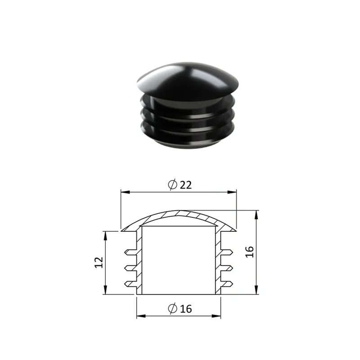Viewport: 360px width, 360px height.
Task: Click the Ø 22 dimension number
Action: [186, 185]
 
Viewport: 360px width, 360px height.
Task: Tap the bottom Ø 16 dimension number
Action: [186, 309]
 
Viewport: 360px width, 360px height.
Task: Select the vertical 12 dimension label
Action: [99, 262]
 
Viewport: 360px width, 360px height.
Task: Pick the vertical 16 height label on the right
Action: [249, 252]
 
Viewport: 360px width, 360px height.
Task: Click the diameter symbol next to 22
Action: [173, 184]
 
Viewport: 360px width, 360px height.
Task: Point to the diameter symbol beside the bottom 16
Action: [173, 308]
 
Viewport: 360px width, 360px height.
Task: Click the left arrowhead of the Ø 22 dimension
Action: [126, 192]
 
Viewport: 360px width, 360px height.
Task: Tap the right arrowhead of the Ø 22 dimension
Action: [232, 192]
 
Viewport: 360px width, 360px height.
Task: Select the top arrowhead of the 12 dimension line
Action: [105, 236]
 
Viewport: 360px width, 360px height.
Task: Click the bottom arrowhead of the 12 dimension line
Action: [105, 289]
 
